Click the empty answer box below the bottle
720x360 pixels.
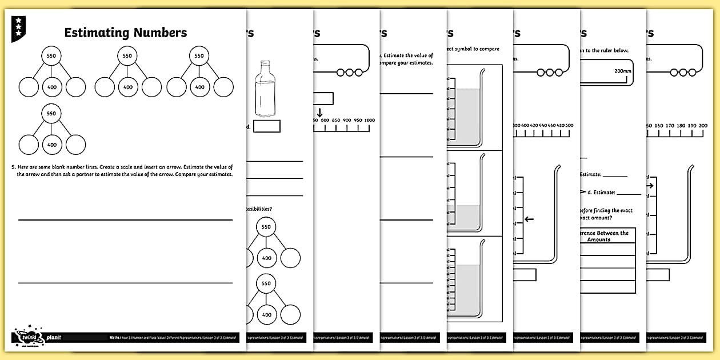point(267,126)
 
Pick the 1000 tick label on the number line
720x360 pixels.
point(369,120)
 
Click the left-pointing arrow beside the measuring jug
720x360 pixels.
point(529,219)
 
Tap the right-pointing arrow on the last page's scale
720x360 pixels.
point(651,185)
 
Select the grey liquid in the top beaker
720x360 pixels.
point(467,114)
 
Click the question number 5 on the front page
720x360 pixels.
point(12,167)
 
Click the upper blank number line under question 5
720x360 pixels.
point(126,219)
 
